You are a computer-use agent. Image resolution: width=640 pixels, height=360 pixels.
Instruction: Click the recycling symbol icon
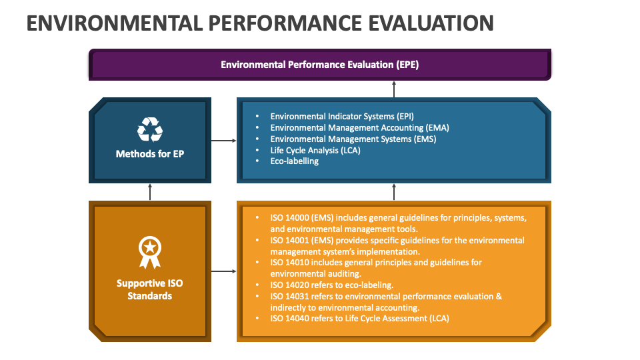[x=150, y=129]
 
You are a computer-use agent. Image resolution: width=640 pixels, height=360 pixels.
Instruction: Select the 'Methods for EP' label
[x=150, y=154]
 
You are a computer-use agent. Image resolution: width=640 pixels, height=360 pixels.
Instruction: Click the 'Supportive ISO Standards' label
[x=150, y=289]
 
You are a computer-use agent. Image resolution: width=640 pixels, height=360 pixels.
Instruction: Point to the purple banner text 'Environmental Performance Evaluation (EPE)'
[x=319, y=65]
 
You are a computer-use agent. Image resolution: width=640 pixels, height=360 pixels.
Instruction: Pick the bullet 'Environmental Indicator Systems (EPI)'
[x=332, y=116]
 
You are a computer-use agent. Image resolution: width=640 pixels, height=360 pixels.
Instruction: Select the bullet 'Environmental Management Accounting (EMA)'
[x=347, y=127]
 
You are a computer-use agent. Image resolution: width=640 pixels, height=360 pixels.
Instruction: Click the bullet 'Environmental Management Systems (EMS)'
[x=343, y=139]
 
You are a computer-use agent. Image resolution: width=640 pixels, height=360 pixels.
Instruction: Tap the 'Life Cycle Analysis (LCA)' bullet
[x=316, y=150]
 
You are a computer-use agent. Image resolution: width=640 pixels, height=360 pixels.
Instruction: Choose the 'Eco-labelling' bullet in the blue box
[x=294, y=161]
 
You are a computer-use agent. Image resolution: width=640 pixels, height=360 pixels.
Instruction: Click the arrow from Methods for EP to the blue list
[x=224, y=141]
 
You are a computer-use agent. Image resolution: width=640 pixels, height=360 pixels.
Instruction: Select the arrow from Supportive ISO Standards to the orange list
[x=224, y=271]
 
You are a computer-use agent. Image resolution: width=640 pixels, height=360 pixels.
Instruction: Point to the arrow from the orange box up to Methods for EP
[x=150, y=192]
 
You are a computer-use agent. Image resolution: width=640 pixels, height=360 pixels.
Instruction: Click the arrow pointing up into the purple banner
[x=394, y=89]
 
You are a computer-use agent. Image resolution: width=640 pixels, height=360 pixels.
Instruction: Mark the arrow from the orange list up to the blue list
[x=394, y=192]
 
